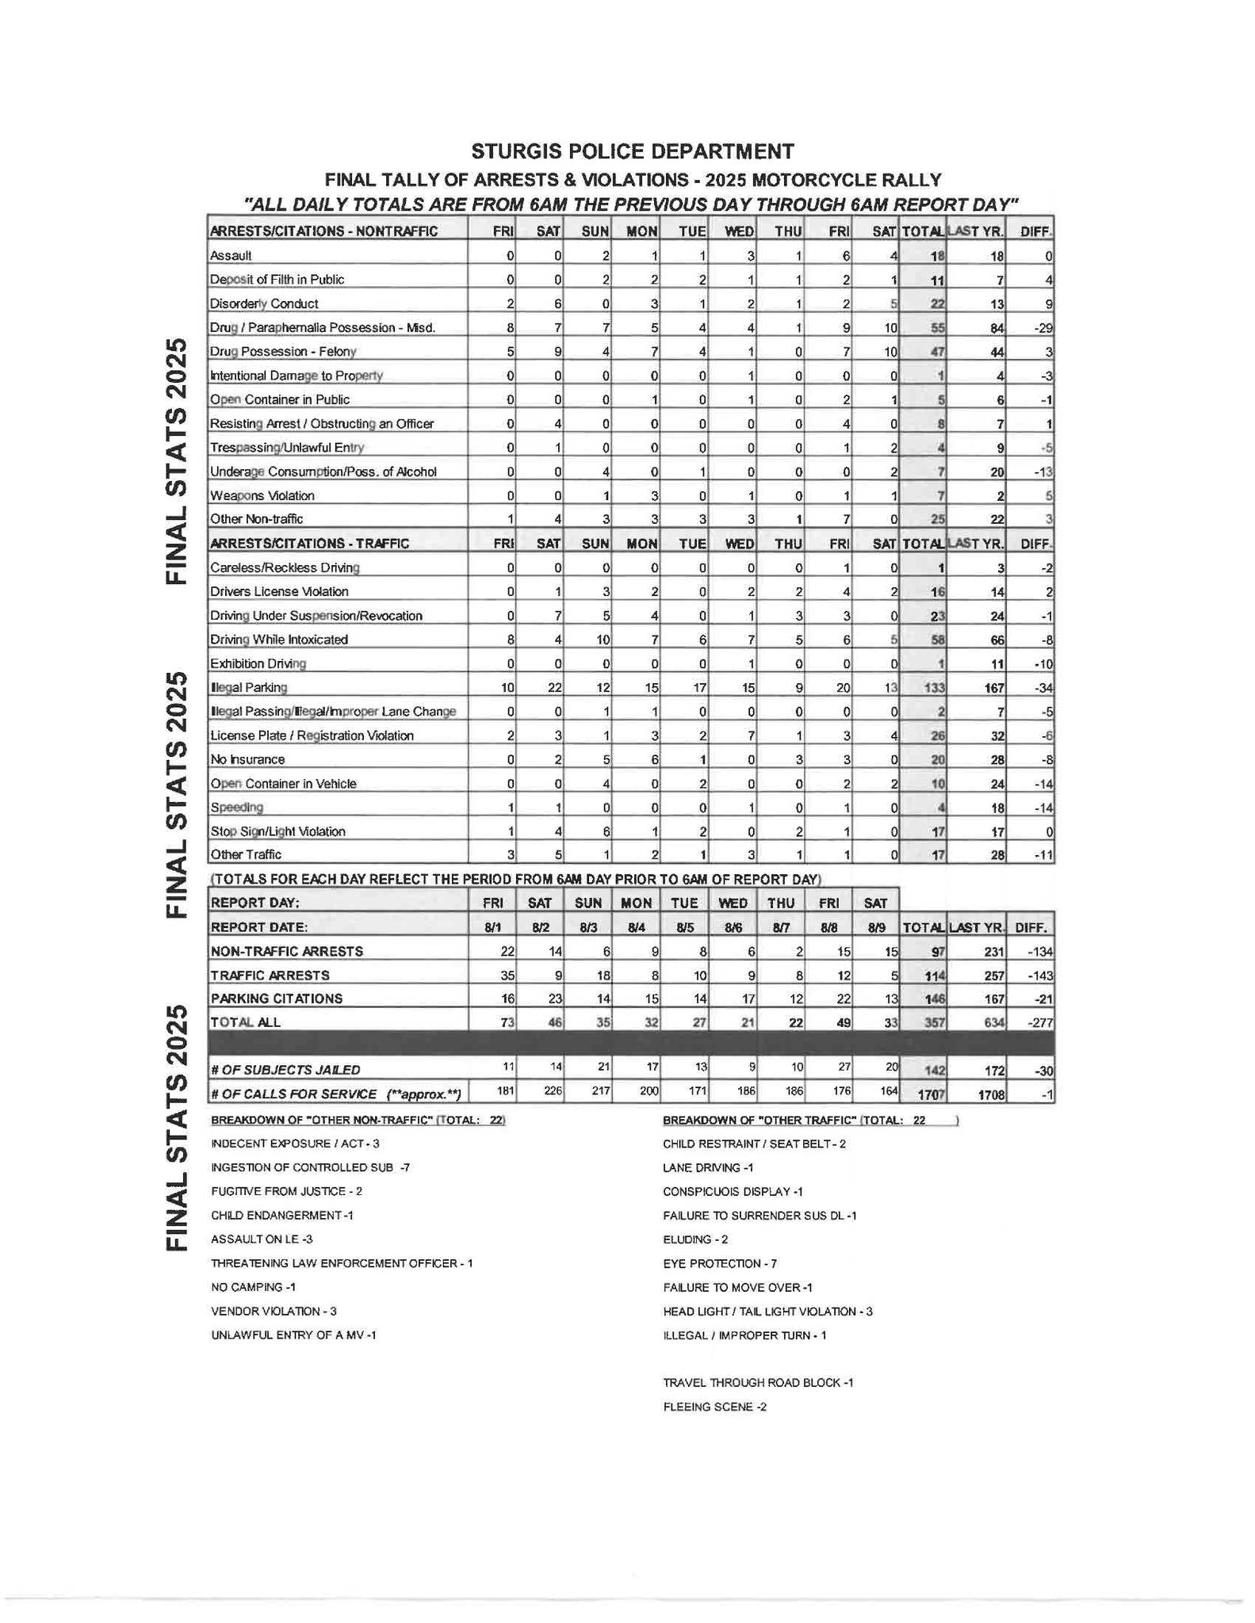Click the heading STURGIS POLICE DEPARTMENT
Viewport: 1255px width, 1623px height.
[632, 151]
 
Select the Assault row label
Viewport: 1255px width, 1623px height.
[231, 256]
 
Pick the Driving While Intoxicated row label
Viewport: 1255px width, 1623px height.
[278, 640]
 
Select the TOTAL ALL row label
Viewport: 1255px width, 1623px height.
[246, 1022]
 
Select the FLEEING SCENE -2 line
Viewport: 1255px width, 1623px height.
[714, 1407]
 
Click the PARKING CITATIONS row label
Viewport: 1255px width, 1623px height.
[277, 999]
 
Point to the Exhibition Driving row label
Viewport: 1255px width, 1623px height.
[258, 664]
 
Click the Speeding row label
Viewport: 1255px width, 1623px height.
[236, 808]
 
